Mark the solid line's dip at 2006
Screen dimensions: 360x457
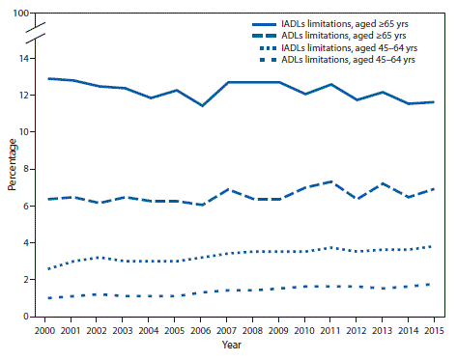[x=201, y=105]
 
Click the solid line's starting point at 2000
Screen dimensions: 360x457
[x=48, y=78]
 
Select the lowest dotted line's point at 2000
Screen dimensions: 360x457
[x=48, y=298]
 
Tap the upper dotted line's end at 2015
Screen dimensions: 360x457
[x=431, y=246]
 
